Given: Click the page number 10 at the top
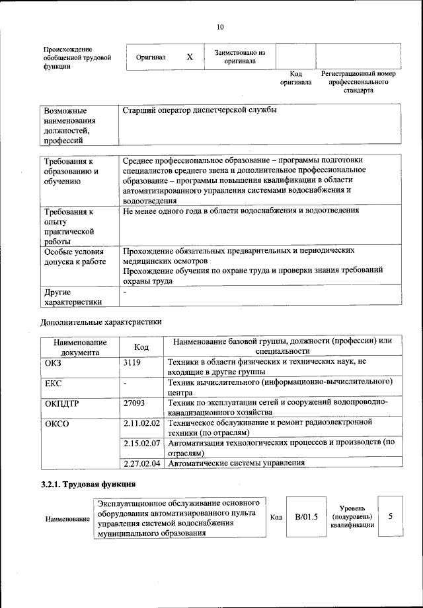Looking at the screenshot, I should pos(220,27).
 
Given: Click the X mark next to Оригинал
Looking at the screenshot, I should pos(190,57).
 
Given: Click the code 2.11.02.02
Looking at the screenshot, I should pos(143,422).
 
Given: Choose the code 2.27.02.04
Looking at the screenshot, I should pos(143,463).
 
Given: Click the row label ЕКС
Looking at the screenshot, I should pos(54,382).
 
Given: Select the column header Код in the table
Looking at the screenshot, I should pos(141,347).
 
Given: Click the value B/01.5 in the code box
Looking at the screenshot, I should pos(306,517).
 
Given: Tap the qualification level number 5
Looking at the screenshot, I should pos(391,516).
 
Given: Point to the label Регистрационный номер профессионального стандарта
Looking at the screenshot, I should pos(358,82).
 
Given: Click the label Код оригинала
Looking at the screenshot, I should pos(295,78).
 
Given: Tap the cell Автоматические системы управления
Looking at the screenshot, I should pos(237,463).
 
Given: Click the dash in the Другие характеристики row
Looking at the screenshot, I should pos(124,292).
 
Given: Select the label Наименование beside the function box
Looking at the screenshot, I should pos(67,520).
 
